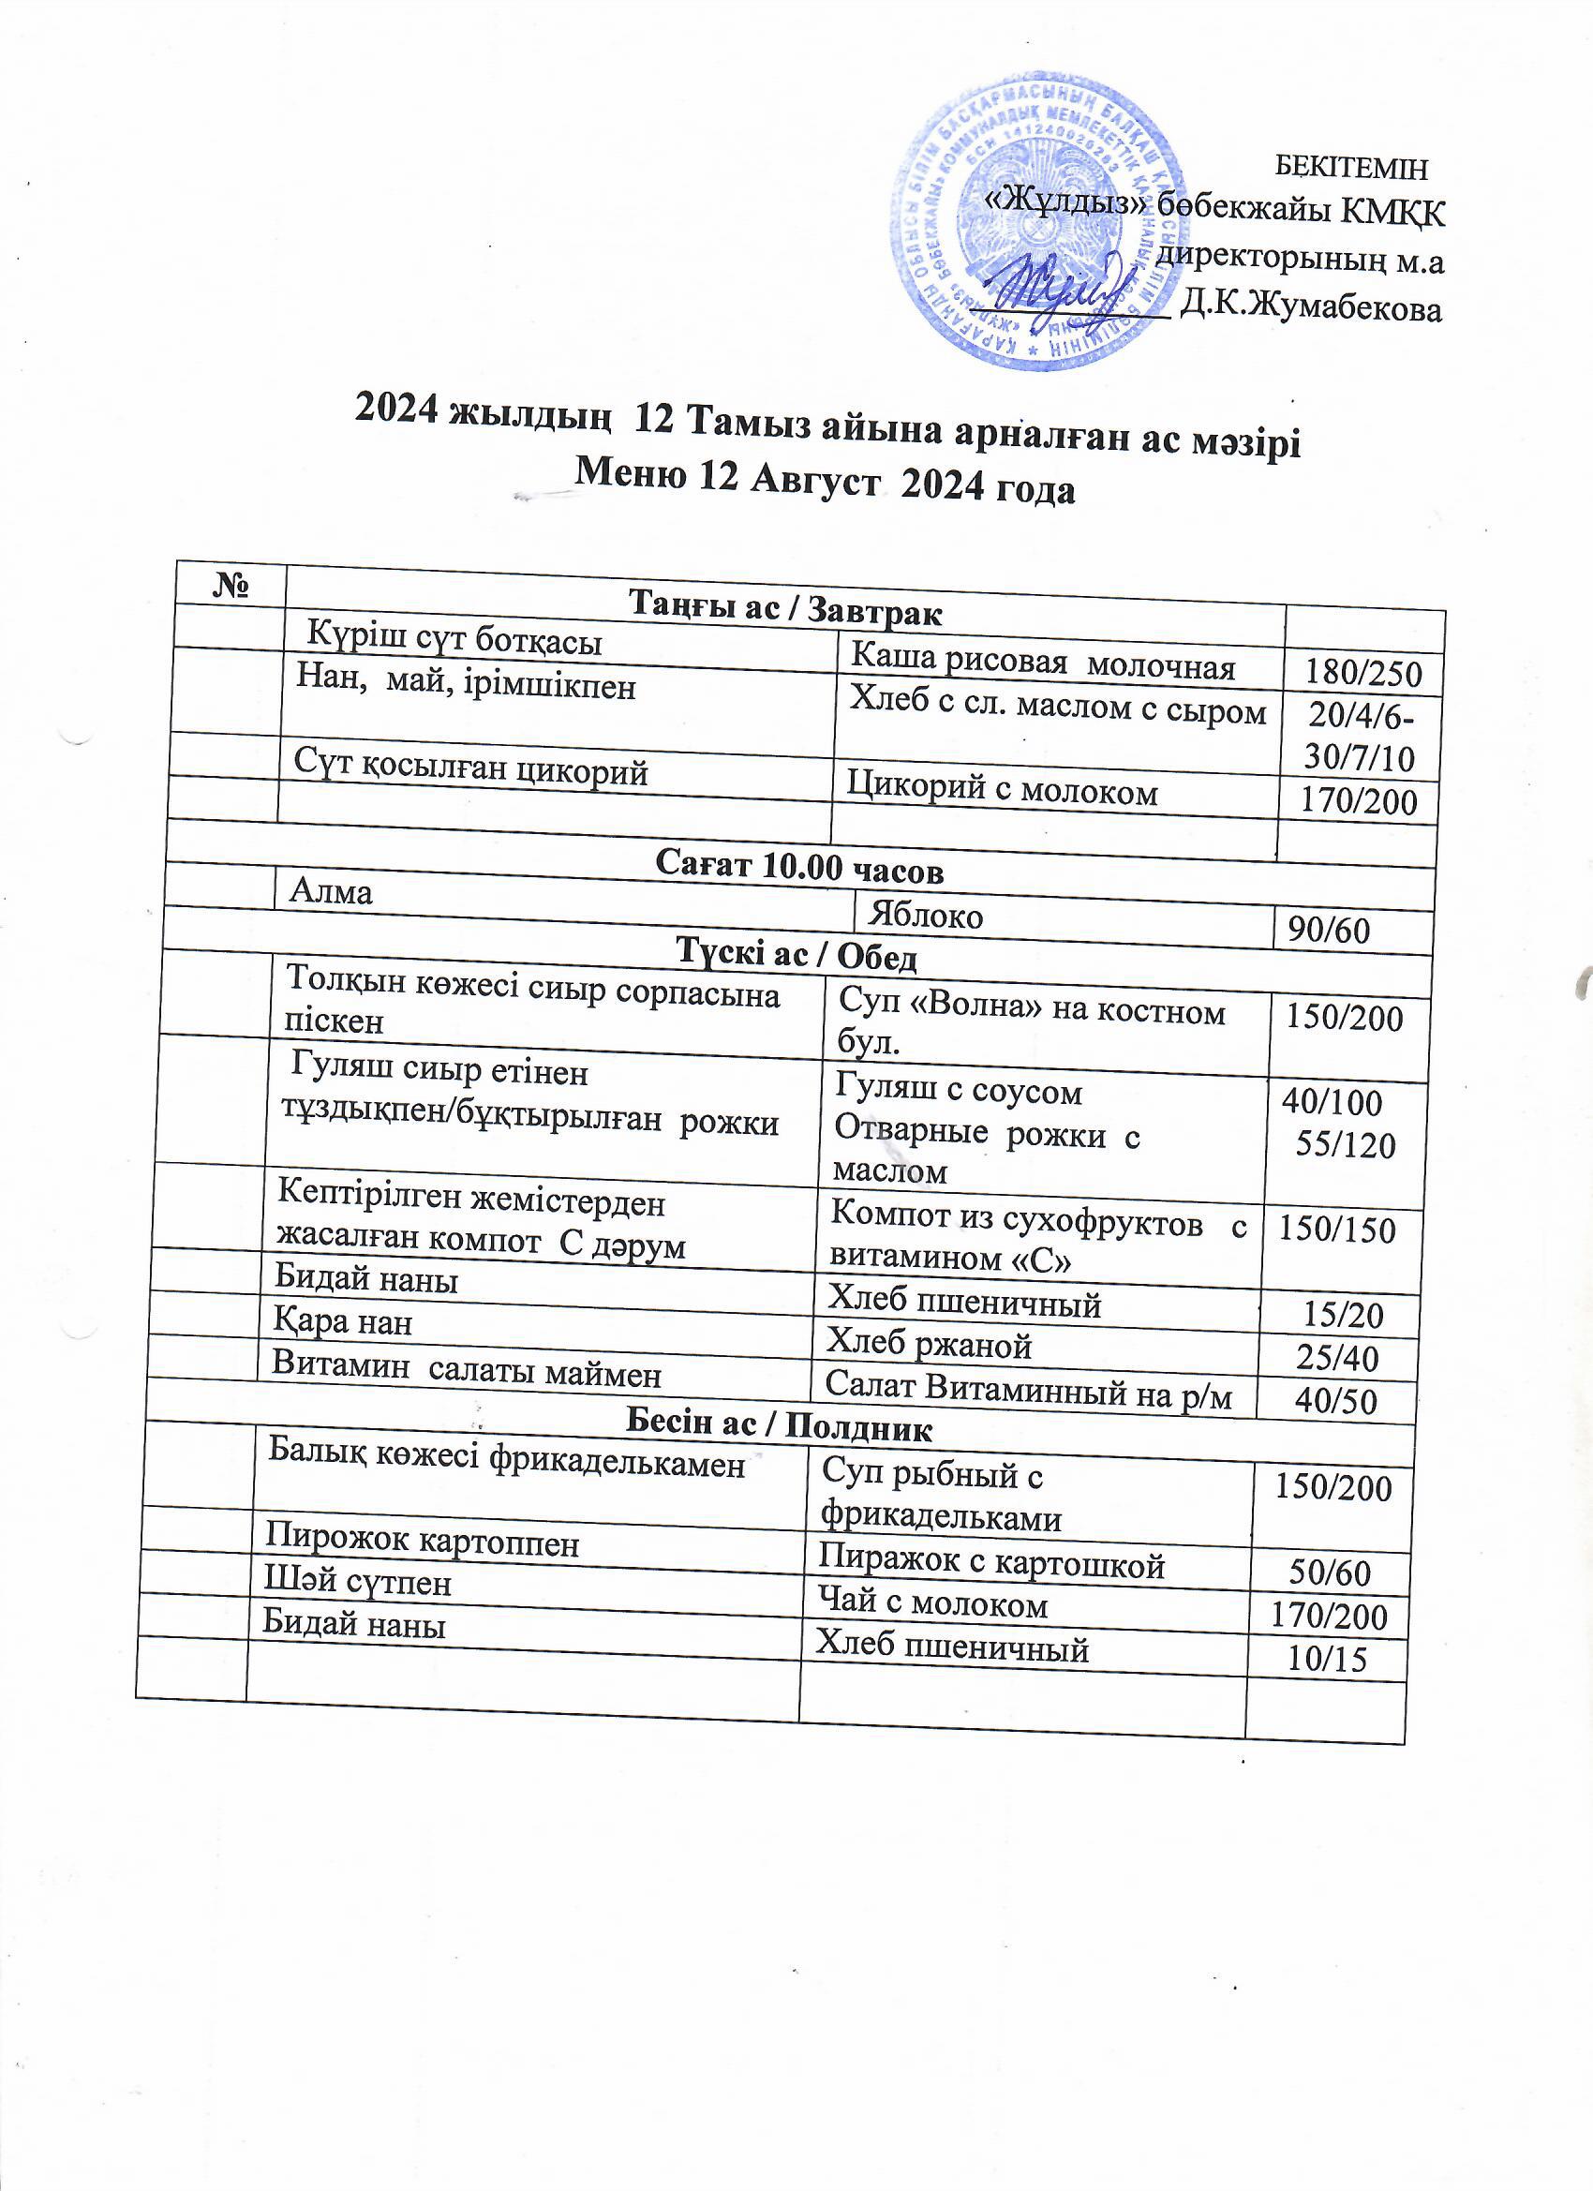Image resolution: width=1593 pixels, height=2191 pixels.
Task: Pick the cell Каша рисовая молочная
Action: click(1042, 663)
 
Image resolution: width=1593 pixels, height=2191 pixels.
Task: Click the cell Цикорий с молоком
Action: click(1002, 791)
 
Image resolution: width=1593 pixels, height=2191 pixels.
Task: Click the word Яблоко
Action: click(925, 914)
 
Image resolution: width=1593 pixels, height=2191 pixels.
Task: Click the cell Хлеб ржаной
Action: click(929, 1344)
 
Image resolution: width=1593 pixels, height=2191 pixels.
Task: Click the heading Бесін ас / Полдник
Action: click(780, 1427)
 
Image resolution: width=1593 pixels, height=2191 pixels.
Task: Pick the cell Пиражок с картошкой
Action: click(991, 1563)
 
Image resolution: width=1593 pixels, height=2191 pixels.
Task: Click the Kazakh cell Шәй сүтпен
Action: click(358, 1583)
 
